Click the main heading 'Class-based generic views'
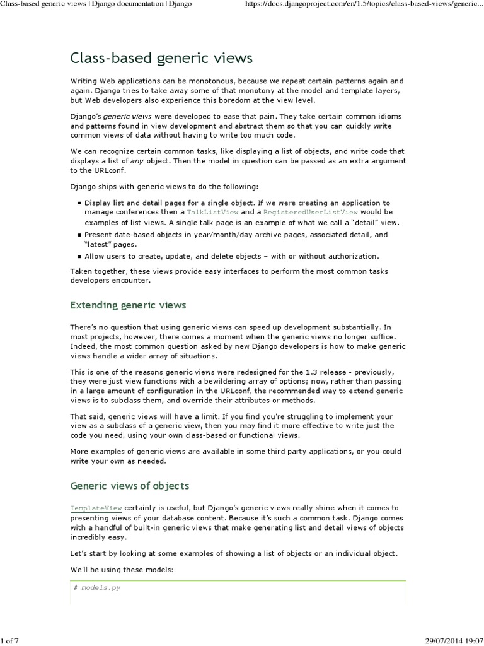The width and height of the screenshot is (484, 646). click(x=161, y=59)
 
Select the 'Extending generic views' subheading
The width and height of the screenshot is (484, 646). click(x=128, y=305)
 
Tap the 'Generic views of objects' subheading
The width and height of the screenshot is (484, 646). click(x=129, y=486)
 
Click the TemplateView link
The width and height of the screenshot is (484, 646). click(x=96, y=508)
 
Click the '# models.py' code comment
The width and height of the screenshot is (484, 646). click(x=97, y=588)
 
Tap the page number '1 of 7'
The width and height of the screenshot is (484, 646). click(x=10, y=641)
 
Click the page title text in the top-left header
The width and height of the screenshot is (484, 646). click(x=96, y=4)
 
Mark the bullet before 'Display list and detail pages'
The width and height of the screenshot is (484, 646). click(x=79, y=203)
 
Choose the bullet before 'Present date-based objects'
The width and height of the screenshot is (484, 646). click(x=79, y=235)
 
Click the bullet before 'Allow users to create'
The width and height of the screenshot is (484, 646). click(x=79, y=257)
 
